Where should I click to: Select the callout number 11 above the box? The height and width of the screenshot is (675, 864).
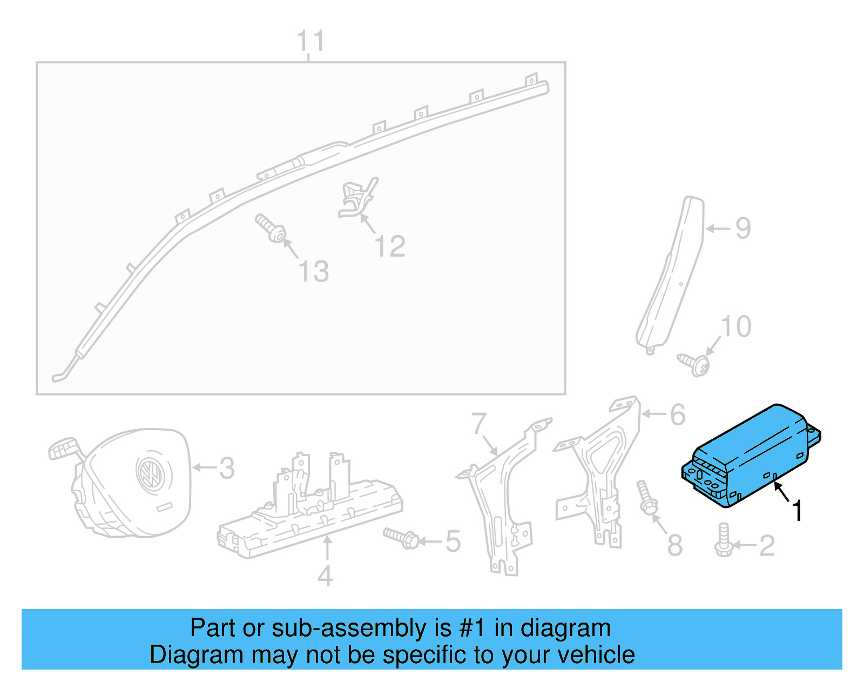pyautogui.click(x=310, y=41)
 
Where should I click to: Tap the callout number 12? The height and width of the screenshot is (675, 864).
pyautogui.click(x=390, y=247)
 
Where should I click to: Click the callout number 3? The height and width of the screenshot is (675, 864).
pyautogui.click(x=227, y=468)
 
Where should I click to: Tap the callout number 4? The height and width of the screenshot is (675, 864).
pyautogui.click(x=325, y=576)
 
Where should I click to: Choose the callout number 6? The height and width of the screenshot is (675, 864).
pyautogui.click(x=678, y=415)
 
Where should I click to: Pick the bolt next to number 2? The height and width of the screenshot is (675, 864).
pyautogui.click(x=723, y=540)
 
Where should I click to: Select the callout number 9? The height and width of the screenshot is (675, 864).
pyautogui.click(x=743, y=228)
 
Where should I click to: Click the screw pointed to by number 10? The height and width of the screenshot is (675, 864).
pyautogui.click(x=694, y=364)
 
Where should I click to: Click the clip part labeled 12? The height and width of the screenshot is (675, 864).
pyautogui.click(x=357, y=198)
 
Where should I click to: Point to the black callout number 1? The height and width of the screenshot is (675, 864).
pyautogui.click(x=796, y=511)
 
